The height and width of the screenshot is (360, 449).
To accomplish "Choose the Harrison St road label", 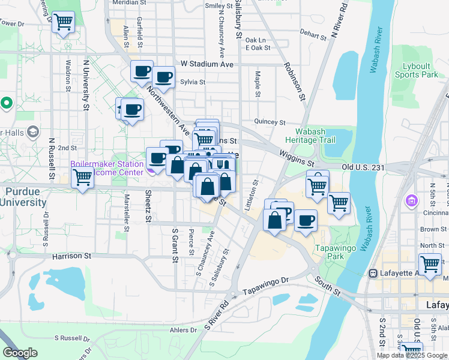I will [x=71, y=256].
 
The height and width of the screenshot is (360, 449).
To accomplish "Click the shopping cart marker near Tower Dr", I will [x=63, y=23].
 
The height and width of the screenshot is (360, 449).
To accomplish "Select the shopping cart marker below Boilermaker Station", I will [x=82, y=178].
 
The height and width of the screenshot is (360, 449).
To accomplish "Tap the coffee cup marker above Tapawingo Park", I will [x=306, y=220].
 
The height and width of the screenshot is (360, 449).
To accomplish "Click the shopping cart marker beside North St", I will [x=430, y=263].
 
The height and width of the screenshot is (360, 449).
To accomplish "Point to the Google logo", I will [x=20, y=353].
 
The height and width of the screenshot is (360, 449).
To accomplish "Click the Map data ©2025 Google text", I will [x=412, y=355].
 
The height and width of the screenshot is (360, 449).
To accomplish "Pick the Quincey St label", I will [x=270, y=122].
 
